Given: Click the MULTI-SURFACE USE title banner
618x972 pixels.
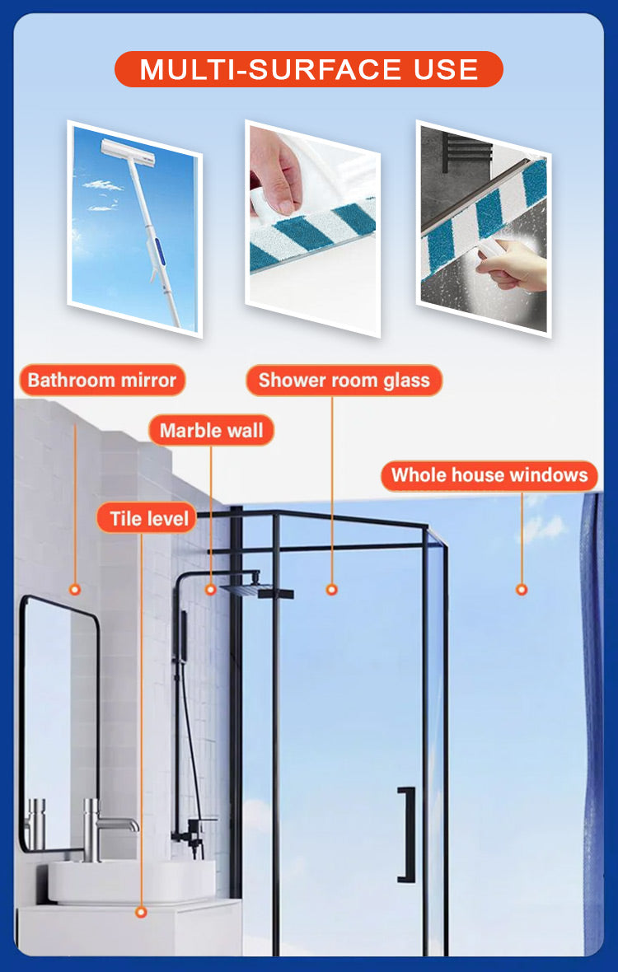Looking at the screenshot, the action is (x=309, y=69).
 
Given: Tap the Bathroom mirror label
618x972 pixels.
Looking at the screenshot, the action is (x=102, y=380).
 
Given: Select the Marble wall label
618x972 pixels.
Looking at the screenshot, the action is (x=212, y=430).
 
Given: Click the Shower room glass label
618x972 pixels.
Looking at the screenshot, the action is (x=344, y=380).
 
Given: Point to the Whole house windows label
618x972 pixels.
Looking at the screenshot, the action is (x=489, y=475).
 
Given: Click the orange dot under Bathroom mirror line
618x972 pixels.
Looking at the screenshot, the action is (x=75, y=590).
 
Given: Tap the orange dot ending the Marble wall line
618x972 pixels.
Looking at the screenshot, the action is (x=211, y=590).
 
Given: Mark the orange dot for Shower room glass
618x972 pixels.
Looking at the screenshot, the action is (x=331, y=590).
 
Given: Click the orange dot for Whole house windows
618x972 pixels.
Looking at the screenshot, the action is (x=522, y=590).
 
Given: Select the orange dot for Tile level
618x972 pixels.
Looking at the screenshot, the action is (x=142, y=912).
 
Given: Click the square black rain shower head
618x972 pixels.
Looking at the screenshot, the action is (x=256, y=591).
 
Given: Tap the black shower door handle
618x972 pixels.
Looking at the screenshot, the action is (x=406, y=834).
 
